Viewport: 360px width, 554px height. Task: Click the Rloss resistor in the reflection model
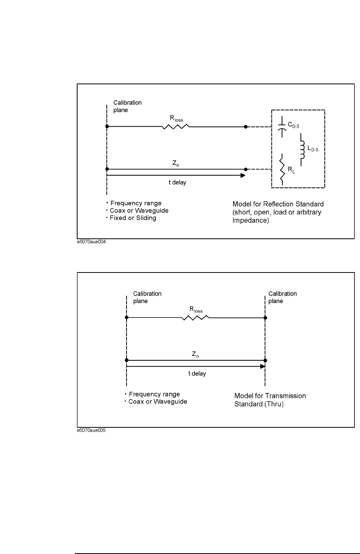tap(176, 127)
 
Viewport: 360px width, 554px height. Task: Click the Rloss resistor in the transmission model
tap(195, 318)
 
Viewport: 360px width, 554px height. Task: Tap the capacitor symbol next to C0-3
tap(282, 127)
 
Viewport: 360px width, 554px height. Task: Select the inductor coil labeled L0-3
tap(302, 149)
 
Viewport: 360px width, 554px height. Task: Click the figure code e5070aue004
tap(91, 242)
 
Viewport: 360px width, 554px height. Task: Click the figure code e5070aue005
tap(91, 430)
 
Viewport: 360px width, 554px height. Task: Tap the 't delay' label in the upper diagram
tap(177, 183)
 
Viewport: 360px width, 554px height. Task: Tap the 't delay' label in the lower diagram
tap(197, 374)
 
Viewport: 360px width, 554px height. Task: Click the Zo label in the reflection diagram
tap(175, 162)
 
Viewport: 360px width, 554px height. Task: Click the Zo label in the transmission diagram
tap(195, 354)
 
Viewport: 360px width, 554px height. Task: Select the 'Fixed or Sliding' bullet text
tap(133, 218)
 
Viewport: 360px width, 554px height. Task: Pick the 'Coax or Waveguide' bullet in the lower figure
tap(157, 401)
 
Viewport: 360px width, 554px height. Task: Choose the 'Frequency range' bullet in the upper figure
tap(136, 203)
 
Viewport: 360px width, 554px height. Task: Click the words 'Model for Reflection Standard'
tap(278, 204)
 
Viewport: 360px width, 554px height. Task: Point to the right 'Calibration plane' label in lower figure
tap(282, 297)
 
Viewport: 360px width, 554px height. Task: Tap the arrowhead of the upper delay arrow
tap(243, 175)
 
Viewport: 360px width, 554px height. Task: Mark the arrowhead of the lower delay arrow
tap(262, 367)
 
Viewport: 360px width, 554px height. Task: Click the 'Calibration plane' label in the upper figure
tap(127, 106)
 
